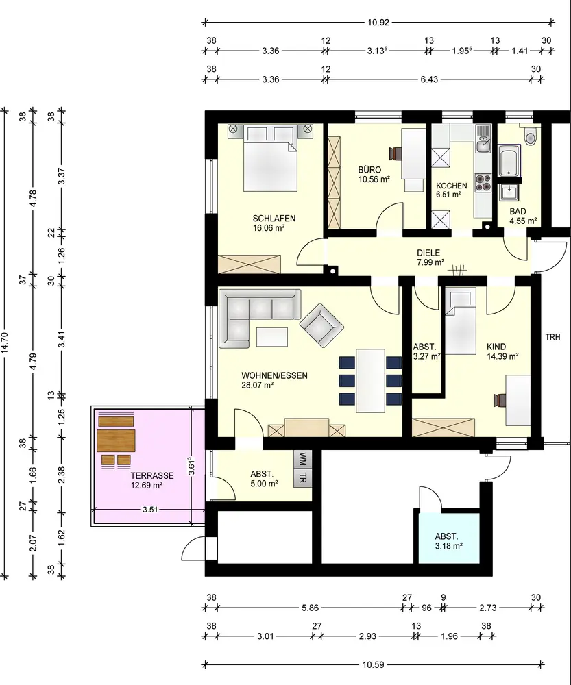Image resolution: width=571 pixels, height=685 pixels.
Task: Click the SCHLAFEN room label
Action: point(274,219)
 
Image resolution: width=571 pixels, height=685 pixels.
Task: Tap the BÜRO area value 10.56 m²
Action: point(374,179)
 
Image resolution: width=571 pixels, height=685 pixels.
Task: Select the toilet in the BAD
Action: point(531,136)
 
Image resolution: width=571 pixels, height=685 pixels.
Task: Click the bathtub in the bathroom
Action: point(509,161)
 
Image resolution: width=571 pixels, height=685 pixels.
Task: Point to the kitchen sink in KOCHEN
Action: point(484,139)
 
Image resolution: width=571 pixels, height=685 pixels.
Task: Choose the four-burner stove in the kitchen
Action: point(483,183)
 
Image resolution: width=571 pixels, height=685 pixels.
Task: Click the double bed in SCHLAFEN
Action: point(271,158)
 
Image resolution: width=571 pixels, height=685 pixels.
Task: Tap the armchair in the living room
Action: point(321,326)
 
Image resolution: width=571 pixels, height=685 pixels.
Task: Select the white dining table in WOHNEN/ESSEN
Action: point(370,380)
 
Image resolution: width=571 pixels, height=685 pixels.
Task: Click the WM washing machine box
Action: point(303,459)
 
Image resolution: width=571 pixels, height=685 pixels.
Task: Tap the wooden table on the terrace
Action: point(116,440)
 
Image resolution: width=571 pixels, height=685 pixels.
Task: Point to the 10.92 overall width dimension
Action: point(378,23)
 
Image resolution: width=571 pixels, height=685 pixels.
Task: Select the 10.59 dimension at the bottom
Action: point(373,665)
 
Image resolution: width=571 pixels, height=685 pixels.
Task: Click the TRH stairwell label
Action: point(552,337)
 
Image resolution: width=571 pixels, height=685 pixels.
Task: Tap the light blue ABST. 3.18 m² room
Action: point(448,538)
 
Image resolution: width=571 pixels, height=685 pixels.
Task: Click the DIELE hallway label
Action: point(428,253)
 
